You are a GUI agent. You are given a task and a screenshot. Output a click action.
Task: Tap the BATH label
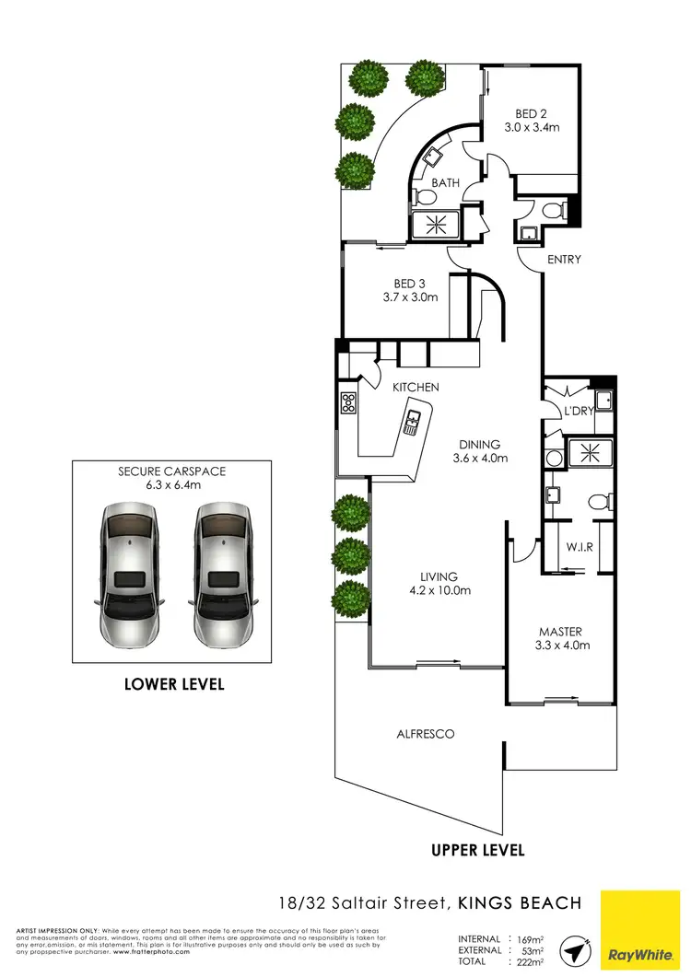446,183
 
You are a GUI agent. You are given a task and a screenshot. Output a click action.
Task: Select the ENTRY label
564,260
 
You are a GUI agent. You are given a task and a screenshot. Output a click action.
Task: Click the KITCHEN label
416,388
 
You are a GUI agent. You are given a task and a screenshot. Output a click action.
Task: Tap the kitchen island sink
411,423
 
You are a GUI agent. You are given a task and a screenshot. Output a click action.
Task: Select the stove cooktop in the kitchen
349,402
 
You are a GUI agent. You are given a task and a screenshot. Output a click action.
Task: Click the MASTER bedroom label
560,632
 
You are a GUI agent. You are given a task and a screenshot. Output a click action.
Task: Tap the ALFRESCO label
426,734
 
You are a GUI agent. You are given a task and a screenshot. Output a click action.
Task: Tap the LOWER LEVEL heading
175,685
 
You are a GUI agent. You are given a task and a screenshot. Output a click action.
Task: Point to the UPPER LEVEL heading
478,850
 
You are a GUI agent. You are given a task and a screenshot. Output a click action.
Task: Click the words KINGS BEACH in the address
520,903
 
